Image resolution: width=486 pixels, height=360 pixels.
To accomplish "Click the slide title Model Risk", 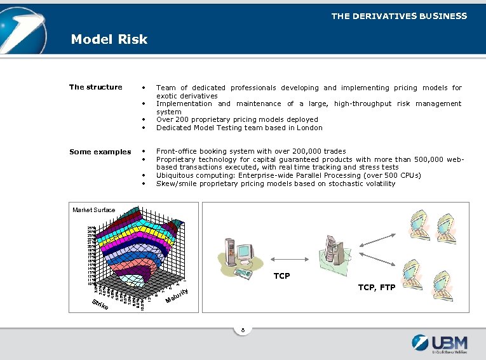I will pyautogui.click(x=109, y=39).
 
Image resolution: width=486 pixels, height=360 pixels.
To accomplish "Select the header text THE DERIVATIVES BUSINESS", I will pyautogui.click(x=398, y=16).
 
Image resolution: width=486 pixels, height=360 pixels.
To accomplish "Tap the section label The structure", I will pyautogui.click(x=95, y=87).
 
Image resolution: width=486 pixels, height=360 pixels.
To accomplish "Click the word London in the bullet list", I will pyautogui.click(x=309, y=128).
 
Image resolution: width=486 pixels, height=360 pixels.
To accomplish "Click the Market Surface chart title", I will pyautogui.click(x=94, y=210).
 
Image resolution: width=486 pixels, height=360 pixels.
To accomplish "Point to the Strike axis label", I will pyautogui.click(x=100, y=305).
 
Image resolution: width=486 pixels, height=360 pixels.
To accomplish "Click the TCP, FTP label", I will pyautogui.click(x=376, y=288).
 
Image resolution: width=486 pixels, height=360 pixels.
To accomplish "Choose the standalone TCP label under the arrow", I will pyautogui.click(x=281, y=276).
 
